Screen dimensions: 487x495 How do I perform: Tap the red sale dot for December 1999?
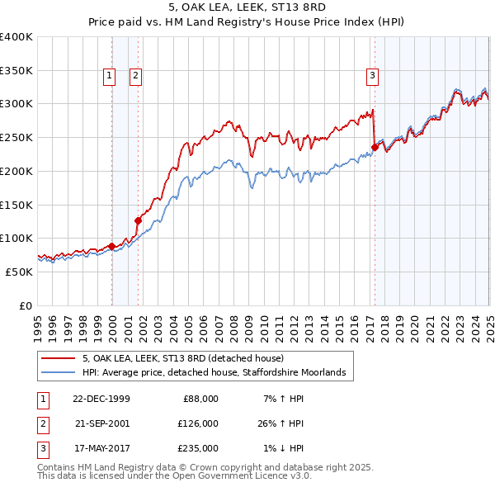tap(112, 246)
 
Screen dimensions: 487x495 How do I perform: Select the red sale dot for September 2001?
tap(138, 220)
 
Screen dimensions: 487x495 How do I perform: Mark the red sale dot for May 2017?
tap(374, 148)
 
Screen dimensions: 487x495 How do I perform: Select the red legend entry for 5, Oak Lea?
tap(183, 358)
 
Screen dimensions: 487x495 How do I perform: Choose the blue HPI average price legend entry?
tap(218, 373)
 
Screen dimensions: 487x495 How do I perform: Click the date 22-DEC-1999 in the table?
tap(101, 399)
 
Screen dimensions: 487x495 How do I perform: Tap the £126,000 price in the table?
tap(197, 423)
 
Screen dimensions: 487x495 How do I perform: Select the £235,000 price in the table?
tap(197, 448)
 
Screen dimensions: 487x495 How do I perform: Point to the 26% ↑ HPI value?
tap(281, 423)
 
